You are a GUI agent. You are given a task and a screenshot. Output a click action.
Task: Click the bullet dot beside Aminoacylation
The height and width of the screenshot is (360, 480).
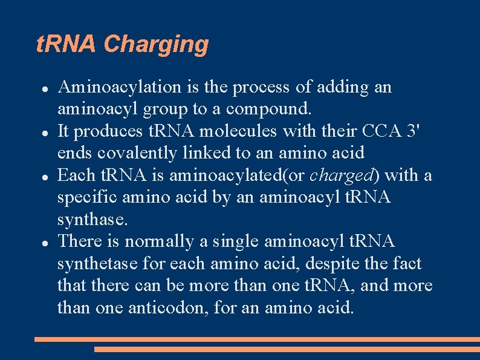[45, 88]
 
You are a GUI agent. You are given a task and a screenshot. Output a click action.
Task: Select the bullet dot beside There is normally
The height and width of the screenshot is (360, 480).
[45, 242]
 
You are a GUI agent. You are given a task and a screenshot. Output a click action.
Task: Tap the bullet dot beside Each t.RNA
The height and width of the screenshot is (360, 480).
[45, 176]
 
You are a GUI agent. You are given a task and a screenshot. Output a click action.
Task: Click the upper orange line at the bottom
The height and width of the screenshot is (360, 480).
[257, 339]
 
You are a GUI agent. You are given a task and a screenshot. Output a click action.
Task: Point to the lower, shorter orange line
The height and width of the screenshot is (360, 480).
[287, 349]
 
